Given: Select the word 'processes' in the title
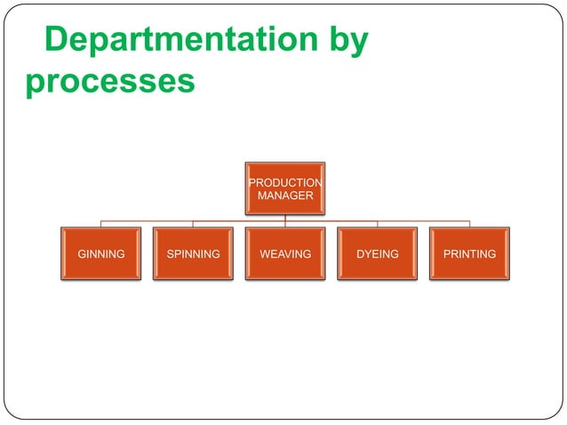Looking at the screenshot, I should pos(110,81).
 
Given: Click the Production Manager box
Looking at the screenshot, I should pos(285,188).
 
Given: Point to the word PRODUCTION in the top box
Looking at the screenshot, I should pos(285,183).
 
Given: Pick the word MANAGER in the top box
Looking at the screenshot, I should pos(285,195).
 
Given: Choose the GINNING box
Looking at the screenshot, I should pos(101,254).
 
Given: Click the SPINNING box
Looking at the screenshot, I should pos(194,254).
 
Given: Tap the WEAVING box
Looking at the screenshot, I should pos(285,254).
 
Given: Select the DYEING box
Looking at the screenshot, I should pos(378,254).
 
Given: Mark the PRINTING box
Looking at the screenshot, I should pos(469,254).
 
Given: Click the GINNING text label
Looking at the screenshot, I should pos(101,254).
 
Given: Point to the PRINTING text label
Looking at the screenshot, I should pos(469,254).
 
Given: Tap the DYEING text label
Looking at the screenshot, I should pos(378,254).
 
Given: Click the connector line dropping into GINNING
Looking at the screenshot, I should pos(101,224).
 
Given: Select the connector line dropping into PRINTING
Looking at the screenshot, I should pos(469,224).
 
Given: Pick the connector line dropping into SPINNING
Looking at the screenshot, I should pos(194,224).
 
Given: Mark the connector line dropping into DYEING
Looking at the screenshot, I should pos(378,224).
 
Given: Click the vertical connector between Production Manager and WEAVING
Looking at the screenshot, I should pos(285,221).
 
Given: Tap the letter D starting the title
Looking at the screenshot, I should pos(55,42).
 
